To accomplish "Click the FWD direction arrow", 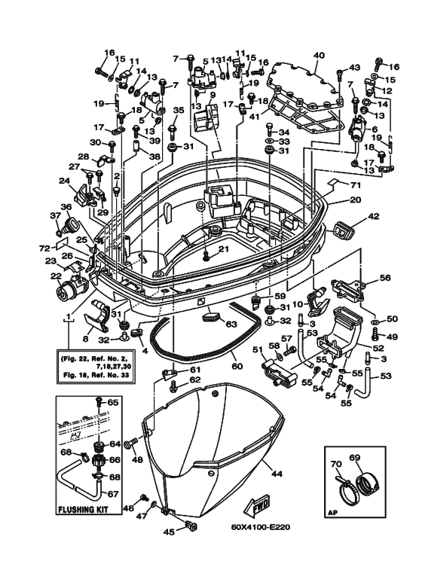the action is point(257,505).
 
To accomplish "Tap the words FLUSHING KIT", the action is point(82,509).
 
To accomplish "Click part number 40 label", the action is point(319,56).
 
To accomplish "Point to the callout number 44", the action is point(277,474).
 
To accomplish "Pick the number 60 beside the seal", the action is point(237,367).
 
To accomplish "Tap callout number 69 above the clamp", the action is point(355,457).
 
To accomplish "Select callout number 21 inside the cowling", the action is point(224,249).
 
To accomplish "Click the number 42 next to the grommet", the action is point(373,216).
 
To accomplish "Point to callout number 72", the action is point(45,248).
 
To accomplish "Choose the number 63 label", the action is point(231,325).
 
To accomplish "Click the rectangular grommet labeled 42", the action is point(343,230).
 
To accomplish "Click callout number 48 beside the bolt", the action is point(137,460).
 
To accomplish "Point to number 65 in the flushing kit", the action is point(112,402).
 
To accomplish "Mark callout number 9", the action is point(213,95).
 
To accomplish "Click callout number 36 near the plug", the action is point(66,206).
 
